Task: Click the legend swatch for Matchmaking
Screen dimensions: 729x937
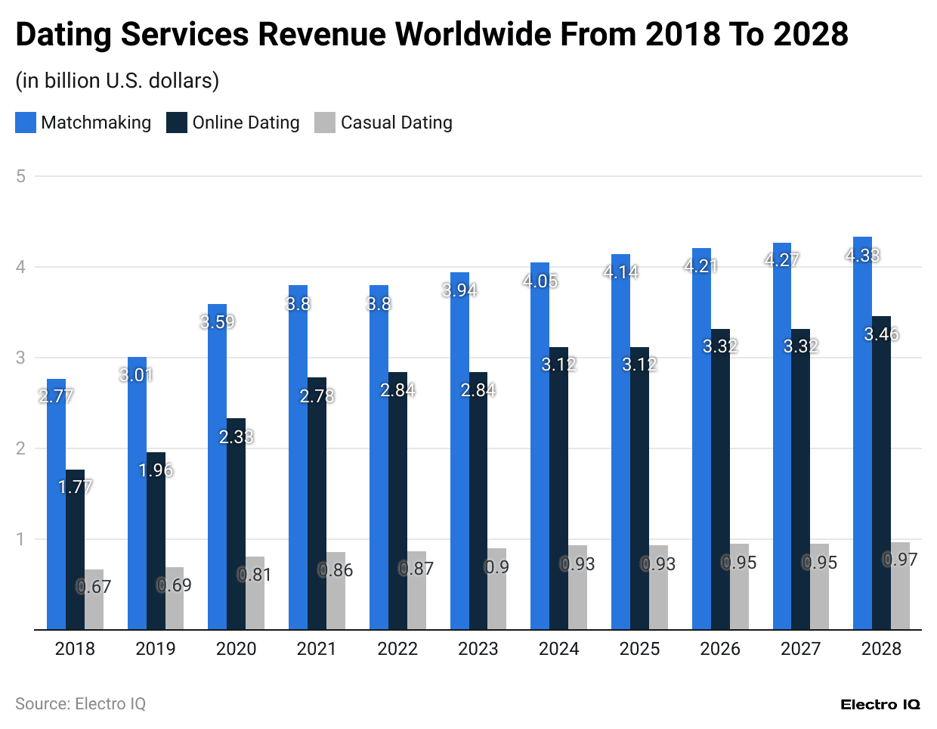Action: (x=26, y=123)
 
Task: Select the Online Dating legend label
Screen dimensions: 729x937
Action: (x=246, y=123)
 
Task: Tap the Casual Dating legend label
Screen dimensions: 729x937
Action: (x=396, y=123)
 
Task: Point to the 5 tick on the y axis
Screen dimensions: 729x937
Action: (x=20, y=176)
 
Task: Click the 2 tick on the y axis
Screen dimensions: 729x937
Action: (x=20, y=448)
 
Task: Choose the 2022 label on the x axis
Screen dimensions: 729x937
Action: (x=397, y=649)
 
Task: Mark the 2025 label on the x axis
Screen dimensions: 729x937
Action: (x=639, y=649)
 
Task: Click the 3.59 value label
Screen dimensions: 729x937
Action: (x=218, y=322)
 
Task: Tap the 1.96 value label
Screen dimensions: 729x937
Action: (x=156, y=470)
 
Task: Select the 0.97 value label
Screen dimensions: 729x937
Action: (x=900, y=560)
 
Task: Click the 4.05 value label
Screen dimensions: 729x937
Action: (x=540, y=281)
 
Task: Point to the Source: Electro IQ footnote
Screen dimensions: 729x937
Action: (x=80, y=704)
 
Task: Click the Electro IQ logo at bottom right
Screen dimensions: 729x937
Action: (x=880, y=705)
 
